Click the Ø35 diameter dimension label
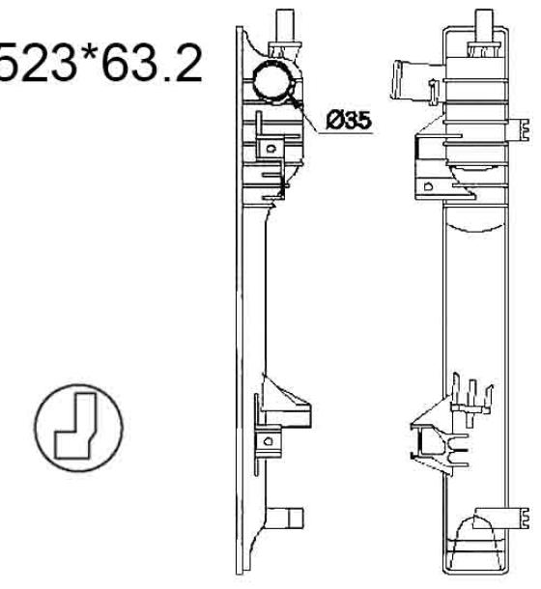pyautogui.click(x=349, y=120)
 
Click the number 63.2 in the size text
pyautogui.click(x=153, y=63)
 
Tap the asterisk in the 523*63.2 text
pyautogui.click(x=88, y=52)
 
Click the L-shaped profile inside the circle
pyautogui.click(x=76, y=426)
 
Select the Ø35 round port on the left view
pyautogui.click(x=273, y=81)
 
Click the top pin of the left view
pyautogui.click(x=285, y=25)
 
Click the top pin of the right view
pyautogui.click(x=484, y=25)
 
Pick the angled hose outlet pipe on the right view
pyautogui.click(x=417, y=81)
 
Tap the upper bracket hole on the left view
pyautogui.click(x=270, y=149)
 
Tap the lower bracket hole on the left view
pyautogui.click(x=268, y=441)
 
